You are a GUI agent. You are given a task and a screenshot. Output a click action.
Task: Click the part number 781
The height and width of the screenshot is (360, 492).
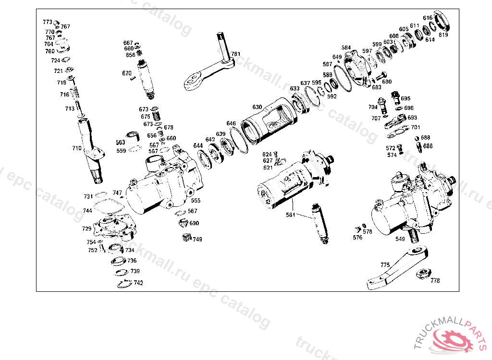235,54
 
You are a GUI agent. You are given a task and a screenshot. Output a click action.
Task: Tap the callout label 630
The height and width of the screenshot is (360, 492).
257,107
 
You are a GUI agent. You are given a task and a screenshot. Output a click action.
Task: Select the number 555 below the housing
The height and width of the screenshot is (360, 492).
196,201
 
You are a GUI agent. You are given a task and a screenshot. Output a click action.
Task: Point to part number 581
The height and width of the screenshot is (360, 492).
290,215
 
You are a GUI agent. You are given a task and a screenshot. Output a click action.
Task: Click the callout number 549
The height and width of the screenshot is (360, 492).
400,239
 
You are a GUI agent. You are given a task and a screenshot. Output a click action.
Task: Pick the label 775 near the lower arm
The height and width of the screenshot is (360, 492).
384,264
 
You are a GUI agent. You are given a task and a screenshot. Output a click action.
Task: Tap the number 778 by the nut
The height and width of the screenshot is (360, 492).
434,281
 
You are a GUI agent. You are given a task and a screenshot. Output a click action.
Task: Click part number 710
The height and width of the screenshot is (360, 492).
76,148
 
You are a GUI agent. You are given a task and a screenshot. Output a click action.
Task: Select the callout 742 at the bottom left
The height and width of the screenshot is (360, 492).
138,283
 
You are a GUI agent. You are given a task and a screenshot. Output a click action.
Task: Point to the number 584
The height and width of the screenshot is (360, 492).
346,48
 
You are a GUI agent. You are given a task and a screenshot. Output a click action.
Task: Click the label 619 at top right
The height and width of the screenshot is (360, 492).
443,35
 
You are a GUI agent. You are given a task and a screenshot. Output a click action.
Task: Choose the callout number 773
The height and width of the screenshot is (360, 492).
47,22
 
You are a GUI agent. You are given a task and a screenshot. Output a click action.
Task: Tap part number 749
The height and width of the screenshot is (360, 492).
197,239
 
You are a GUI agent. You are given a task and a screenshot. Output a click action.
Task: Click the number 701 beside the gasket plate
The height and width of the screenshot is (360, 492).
415,127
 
